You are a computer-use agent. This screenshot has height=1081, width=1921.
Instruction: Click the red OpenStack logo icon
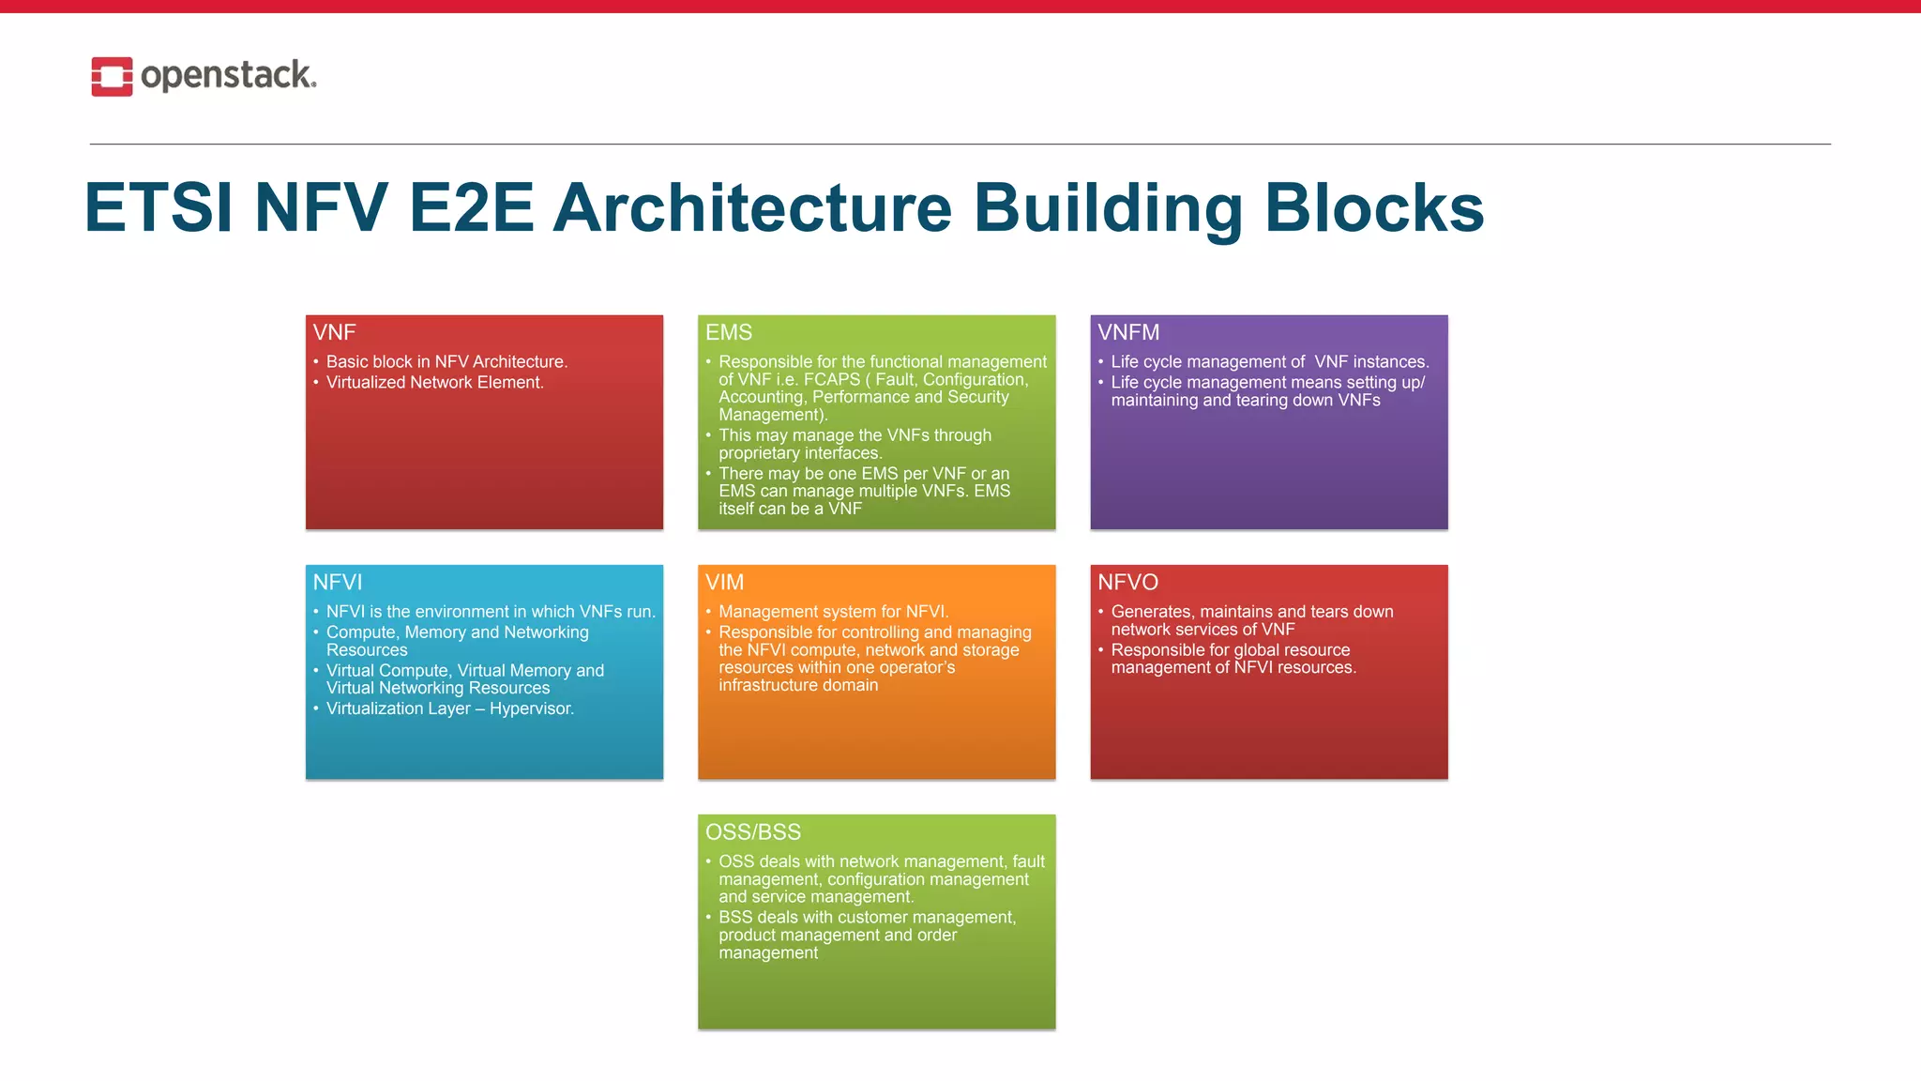[112, 76]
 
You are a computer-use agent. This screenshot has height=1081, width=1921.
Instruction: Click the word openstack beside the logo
[228, 75]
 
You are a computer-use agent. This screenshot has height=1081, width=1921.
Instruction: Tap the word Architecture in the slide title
[752, 208]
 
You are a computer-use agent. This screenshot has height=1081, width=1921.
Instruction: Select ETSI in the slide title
[159, 208]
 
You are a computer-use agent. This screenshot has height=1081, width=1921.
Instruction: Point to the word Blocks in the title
[1374, 208]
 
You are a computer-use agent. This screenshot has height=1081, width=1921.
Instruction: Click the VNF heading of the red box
[334, 332]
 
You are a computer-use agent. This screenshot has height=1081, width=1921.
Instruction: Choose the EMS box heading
[729, 332]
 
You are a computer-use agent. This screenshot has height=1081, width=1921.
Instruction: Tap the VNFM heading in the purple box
[1128, 332]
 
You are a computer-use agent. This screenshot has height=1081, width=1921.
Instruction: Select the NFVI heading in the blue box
[337, 582]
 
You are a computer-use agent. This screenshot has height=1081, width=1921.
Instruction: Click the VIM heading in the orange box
[724, 582]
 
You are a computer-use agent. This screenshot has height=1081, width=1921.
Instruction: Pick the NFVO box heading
[1127, 582]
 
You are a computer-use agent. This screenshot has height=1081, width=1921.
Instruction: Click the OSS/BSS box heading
[753, 832]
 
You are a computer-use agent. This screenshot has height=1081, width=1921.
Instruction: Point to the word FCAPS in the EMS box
[831, 379]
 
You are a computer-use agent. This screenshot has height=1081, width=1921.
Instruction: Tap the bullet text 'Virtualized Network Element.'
[434, 382]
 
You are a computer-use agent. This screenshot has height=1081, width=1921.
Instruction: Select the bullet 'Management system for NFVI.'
[833, 612]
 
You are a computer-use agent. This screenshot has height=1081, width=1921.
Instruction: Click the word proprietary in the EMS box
[761, 453]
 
